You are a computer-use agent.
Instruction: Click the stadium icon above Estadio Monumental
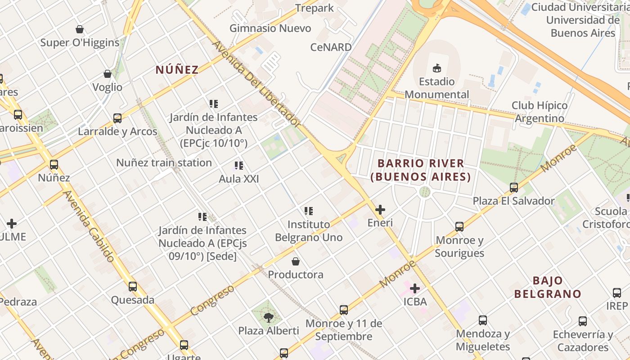[436, 68]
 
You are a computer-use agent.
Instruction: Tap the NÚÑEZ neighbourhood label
[177, 70]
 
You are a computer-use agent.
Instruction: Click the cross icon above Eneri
[380, 210]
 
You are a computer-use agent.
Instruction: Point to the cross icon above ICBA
[415, 288]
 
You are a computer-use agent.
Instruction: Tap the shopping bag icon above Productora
[296, 261]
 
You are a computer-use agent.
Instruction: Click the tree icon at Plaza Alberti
[269, 318]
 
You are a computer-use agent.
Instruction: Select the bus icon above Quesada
[133, 287]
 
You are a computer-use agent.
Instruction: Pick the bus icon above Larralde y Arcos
[117, 118]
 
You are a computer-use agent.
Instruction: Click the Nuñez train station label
[164, 162]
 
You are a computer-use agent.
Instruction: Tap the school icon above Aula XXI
[239, 166]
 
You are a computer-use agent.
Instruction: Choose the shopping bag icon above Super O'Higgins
[80, 30]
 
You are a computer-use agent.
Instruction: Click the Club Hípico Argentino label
[540, 112]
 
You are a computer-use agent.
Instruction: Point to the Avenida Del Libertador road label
[256, 84]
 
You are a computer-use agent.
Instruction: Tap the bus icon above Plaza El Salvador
[514, 188]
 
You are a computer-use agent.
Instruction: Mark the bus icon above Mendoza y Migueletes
[483, 320]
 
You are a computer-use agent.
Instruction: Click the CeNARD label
[331, 47]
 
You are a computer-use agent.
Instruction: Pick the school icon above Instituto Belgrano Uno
[309, 211]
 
